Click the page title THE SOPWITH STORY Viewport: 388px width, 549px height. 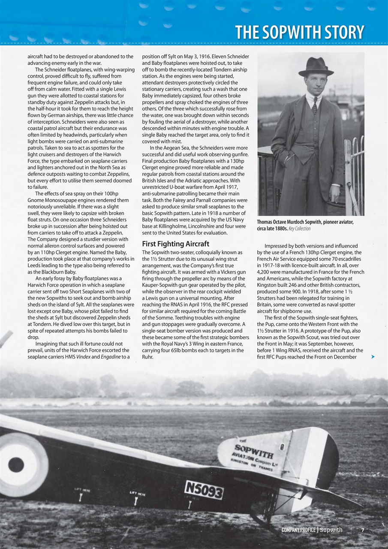tap(299, 32)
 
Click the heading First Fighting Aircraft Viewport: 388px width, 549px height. tap(176, 244)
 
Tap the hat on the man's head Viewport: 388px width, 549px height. tap(316, 67)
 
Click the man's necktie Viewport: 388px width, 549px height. tap(315, 105)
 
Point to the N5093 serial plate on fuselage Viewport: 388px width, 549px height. tap(204, 489)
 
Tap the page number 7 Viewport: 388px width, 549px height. tap(363, 530)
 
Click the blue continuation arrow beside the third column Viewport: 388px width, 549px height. tap(373, 356)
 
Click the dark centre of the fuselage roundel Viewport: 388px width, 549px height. tap(16, 465)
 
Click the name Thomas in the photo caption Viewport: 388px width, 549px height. tap(267, 222)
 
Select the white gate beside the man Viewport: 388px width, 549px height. tap(355, 176)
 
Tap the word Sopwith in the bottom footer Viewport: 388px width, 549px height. tap(331, 530)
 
